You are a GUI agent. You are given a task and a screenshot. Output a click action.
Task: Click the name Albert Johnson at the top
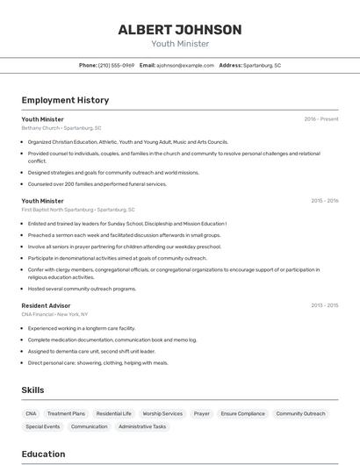click(179, 30)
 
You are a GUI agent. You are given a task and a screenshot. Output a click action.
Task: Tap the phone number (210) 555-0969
click(116, 65)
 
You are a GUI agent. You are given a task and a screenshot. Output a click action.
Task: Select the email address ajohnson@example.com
click(185, 65)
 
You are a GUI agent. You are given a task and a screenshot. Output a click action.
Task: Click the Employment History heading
click(65, 101)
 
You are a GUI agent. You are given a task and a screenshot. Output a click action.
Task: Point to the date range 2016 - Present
click(320, 118)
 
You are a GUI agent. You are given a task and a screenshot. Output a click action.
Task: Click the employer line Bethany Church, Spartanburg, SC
click(61, 128)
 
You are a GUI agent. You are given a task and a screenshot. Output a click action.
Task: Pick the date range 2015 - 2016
click(324, 201)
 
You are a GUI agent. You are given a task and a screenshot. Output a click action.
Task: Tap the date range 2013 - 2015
click(324, 305)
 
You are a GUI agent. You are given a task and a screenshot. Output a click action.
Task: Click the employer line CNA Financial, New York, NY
click(54, 314)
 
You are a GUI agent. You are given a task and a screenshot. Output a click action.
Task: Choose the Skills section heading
click(33, 390)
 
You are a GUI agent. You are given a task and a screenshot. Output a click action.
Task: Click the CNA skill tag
click(31, 413)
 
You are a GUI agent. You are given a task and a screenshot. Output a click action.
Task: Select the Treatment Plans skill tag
click(66, 413)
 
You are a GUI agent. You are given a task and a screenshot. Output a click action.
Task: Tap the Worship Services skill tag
click(162, 413)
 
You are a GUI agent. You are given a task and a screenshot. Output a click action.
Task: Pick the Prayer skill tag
click(202, 413)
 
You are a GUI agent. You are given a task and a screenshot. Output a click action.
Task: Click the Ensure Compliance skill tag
click(242, 413)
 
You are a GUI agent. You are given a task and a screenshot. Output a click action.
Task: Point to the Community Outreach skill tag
click(300, 413)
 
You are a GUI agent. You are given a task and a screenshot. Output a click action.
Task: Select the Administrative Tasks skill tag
click(142, 426)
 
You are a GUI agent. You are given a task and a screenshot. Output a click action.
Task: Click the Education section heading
click(43, 454)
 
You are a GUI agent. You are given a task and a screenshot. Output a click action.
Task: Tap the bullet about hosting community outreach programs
click(82, 289)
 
